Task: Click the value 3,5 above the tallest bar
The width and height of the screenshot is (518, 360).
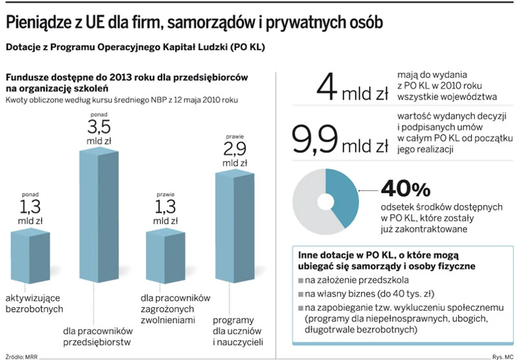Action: [99, 125]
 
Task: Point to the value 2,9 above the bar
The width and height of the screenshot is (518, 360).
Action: [235, 150]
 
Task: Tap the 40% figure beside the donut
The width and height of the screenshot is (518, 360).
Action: [405, 189]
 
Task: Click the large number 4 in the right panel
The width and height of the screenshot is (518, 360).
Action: [326, 87]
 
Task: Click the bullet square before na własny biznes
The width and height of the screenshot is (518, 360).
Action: [301, 294]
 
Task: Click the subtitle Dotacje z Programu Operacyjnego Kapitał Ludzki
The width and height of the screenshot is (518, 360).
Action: [135, 48]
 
